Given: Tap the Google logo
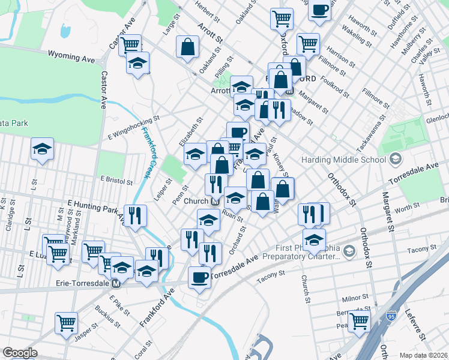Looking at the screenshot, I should pyautogui.click(x=20, y=353).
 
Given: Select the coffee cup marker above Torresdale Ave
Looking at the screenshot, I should pyautogui.click(x=200, y=277).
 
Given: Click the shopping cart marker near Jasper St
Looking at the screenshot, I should pyautogui.click(x=66, y=322).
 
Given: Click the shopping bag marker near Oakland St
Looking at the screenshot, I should pyautogui.click(x=188, y=47).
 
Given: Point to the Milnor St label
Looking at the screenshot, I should pyautogui.click(x=354, y=297).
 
